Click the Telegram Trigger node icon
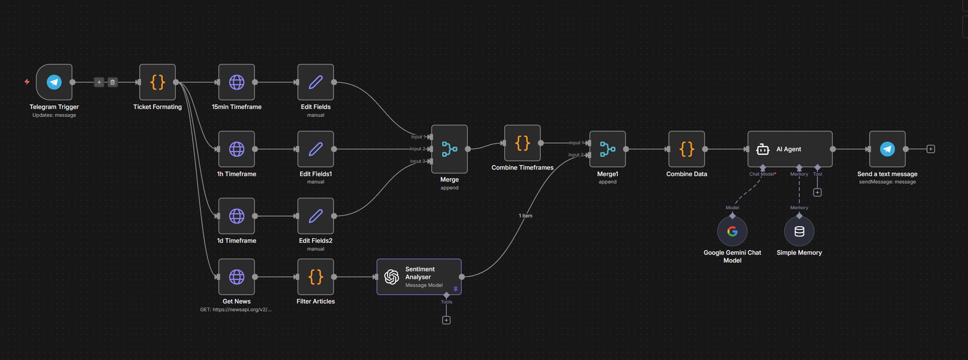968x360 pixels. tap(54, 82)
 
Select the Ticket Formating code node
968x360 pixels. tap(157, 82)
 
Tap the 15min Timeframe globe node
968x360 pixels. tap(237, 82)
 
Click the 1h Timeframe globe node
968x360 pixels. tap(237, 149)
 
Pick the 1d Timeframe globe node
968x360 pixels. tap(237, 216)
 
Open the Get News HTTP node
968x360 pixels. tap(237, 277)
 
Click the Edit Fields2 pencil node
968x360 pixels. tap(316, 216)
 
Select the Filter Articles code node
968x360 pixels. tap(316, 277)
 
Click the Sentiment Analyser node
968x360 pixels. tap(419, 277)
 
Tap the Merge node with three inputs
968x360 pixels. tap(450, 149)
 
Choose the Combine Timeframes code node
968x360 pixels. tap(522, 143)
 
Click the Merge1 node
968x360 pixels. tap(608, 149)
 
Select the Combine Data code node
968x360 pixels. tap(687, 149)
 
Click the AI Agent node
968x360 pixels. tap(790, 149)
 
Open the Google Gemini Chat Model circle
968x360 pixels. tap(732, 231)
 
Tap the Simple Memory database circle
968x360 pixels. tap(799, 231)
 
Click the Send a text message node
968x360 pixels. tap(887, 149)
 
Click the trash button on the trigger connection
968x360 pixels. tap(113, 82)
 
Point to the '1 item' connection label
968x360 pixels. tap(525, 216)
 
